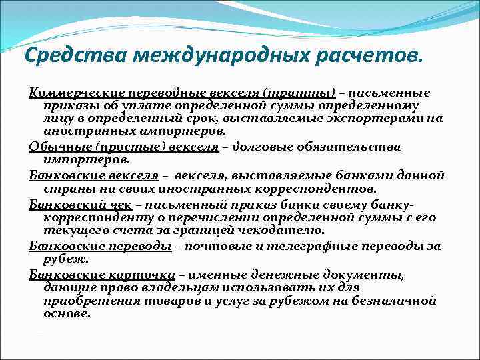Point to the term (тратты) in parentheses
coord(299,93)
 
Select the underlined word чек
coord(121,205)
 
